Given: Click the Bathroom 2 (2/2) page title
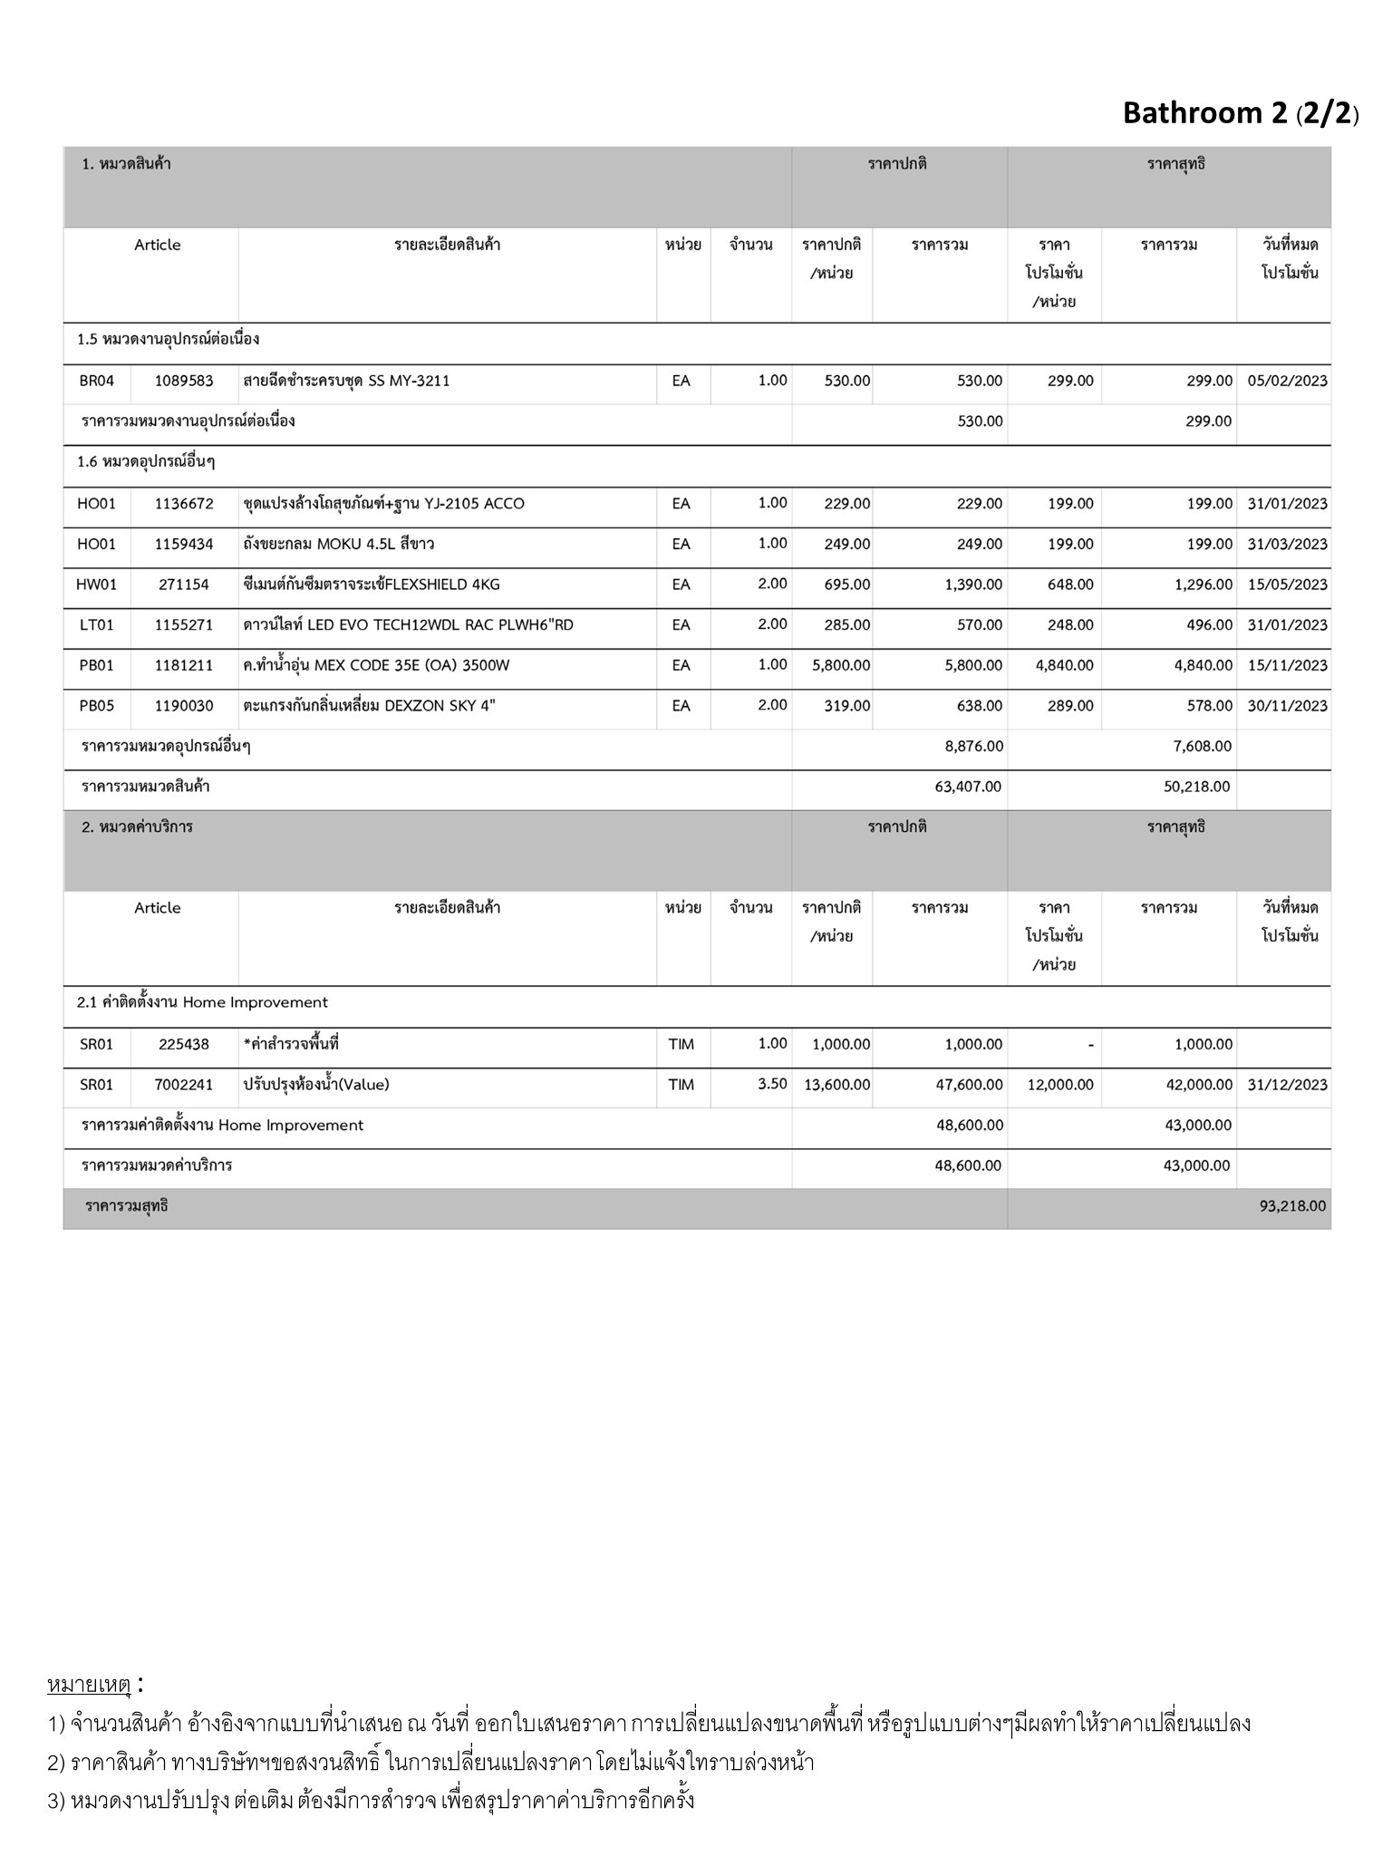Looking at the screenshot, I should pyautogui.click(x=1240, y=113).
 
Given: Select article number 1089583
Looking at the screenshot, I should pyautogui.click(x=184, y=382).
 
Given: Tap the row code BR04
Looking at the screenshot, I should pyautogui.click(x=97, y=382).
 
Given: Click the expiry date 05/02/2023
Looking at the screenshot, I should pyautogui.click(x=1287, y=382).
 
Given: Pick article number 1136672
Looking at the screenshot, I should pyautogui.click(x=184, y=504).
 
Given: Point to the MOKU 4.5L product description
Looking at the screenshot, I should pyautogui.click(x=338, y=545).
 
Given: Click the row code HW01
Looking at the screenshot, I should pyautogui.click(x=97, y=585).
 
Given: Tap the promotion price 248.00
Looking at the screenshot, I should pyautogui.click(x=1070, y=625).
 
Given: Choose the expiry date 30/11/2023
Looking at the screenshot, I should pyautogui.click(x=1287, y=706).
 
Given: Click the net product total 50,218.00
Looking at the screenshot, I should pyautogui.click(x=1196, y=787).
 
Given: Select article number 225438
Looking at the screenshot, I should pyautogui.click(x=184, y=1045).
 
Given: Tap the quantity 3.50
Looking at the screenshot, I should pyautogui.click(x=772, y=1084).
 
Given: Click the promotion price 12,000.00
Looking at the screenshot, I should pyautogui.click(x=1060, y=1085).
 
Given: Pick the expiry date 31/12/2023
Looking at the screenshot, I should pyautogui.click(x=1287, y=1085).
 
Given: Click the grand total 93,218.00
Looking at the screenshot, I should pyautogui.click(x=1292, y=1206).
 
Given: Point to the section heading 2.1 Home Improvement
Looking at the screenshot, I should pyautogui.click(x=202, y=1002).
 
